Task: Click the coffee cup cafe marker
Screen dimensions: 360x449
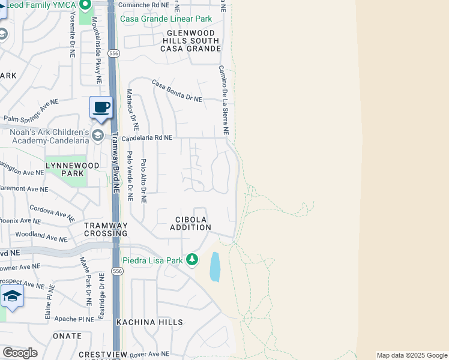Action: (x=101, y=108)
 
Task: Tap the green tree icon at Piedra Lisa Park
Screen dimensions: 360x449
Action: (x=192, y=260)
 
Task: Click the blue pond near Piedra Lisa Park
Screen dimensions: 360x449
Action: (x=215, y=267)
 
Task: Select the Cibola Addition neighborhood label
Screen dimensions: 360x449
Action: (x=190, y=223)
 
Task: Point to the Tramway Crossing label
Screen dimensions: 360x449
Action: (x=106, y=229)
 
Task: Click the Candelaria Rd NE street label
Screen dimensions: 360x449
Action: (x=147, y=138)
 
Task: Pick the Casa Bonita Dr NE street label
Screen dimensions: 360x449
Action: (x=176, y=91)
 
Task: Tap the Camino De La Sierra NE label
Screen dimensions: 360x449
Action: (x=223, y=100)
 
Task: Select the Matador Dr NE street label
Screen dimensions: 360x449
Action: (x=133, y=110)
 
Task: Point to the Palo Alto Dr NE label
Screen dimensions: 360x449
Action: (x=143, y=181)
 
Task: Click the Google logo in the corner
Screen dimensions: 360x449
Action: (x=20, y=352)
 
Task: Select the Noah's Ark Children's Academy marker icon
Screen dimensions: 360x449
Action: (x=97, y=136)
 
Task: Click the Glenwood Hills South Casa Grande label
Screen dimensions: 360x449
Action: (x=190, y=40)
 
